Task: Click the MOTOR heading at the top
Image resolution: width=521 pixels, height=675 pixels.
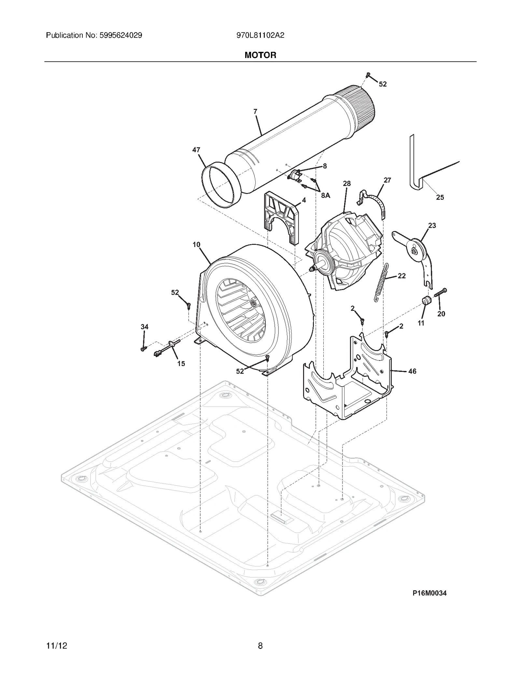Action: [x=260, y=55]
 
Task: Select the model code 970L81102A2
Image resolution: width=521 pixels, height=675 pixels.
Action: [x=260, y=35]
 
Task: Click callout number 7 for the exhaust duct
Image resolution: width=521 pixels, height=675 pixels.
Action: [x=255, y=111]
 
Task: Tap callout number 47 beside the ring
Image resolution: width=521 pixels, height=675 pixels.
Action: [x=196, y=150]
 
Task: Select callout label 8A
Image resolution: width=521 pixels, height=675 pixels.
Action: [x=325, y=195]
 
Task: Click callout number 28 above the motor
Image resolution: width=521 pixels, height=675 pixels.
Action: [x=347, y=183]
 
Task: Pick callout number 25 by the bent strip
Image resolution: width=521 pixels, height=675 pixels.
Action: [x=440, y=197]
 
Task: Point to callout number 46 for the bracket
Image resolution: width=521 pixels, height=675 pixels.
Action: [x=412, y=371]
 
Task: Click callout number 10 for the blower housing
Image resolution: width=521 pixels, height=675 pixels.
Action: [x=196, y=244]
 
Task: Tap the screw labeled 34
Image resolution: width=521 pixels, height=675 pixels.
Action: [x=143, y=349]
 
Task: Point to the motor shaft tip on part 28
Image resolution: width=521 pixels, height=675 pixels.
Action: [x=312, y=269]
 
